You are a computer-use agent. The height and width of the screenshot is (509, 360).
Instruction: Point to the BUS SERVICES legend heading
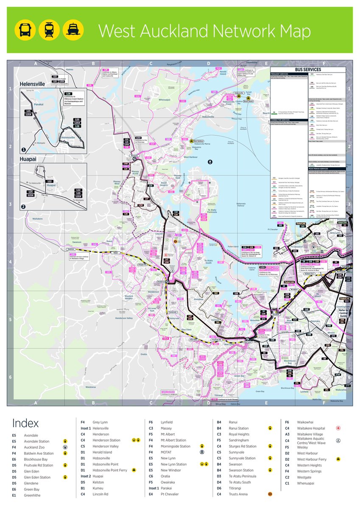pyautogui.click(x=308, y=70)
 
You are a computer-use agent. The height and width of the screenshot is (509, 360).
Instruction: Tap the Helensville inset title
pyautogui.click(x=32, y=84)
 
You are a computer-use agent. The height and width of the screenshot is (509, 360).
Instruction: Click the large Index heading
pyautogui.click(x=25, y=423)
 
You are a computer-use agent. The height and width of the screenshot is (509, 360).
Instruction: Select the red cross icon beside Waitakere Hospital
pyautogui.click(x=338, y=428)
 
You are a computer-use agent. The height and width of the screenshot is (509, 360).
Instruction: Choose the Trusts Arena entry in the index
pyautogui.click(x=238, y=494)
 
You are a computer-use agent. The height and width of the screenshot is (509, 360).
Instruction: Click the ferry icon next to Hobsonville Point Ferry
pyautogui.click(x=134, y=470)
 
